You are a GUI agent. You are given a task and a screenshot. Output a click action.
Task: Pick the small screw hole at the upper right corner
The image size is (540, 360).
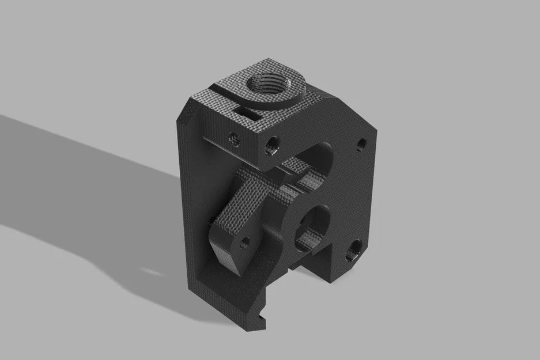pos(361,143)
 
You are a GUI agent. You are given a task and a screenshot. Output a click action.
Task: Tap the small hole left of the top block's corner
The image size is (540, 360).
pos(233,138)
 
